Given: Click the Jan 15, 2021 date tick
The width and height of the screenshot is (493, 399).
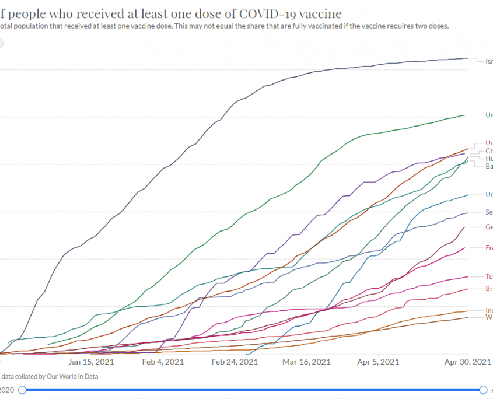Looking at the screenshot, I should point(91,362).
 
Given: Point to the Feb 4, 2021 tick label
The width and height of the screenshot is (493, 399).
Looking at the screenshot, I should point(163,362).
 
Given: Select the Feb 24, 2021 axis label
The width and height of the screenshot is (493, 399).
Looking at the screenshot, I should point(235,362).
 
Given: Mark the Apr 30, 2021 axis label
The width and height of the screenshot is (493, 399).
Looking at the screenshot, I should point(468,362).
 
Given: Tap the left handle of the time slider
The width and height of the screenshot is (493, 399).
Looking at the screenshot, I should point(22,390).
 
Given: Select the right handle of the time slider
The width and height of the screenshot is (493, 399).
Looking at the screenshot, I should point(483,390).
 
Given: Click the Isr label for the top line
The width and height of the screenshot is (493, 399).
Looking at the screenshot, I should point(489,61).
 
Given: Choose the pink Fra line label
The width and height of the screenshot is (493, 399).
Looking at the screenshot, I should point(489,248).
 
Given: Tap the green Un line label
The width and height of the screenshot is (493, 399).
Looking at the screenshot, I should point(489,115).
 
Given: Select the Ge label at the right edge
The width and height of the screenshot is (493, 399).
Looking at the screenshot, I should point(489,227).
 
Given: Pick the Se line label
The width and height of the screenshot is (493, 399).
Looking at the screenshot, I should point(489,212).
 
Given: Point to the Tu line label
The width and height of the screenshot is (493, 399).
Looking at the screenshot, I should point(489,276).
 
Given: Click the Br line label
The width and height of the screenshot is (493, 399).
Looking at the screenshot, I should point(489,289).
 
